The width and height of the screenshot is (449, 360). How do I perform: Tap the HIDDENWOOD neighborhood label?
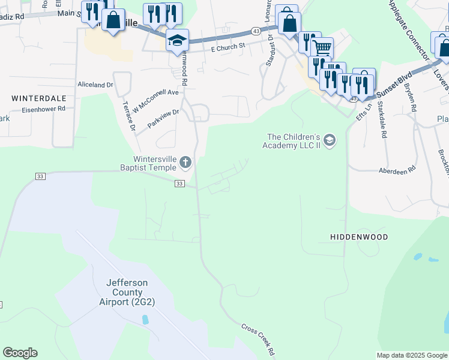tap(359, 237)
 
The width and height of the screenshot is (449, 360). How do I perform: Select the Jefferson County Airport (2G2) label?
tap(127, 292)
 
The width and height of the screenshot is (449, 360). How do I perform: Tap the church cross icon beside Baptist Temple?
tap(186, 161)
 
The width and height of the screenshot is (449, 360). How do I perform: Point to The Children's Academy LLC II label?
tap(292, 140)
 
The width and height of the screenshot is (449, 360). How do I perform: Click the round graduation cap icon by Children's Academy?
tap(329, 140)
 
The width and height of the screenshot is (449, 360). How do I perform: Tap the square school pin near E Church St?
tap(177, 40)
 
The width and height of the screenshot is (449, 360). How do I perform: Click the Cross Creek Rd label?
tap(258, 339)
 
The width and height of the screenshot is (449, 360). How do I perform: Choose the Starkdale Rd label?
tap(382, 123)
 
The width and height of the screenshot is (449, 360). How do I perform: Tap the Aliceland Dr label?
tap(95, 85)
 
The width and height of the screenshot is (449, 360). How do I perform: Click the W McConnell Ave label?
tap(156, 97)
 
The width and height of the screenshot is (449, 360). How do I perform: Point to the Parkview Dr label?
tap(163, 116)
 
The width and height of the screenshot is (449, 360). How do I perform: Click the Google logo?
tap(20, 352)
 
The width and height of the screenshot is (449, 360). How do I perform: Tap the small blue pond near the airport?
tap(146, 319)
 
